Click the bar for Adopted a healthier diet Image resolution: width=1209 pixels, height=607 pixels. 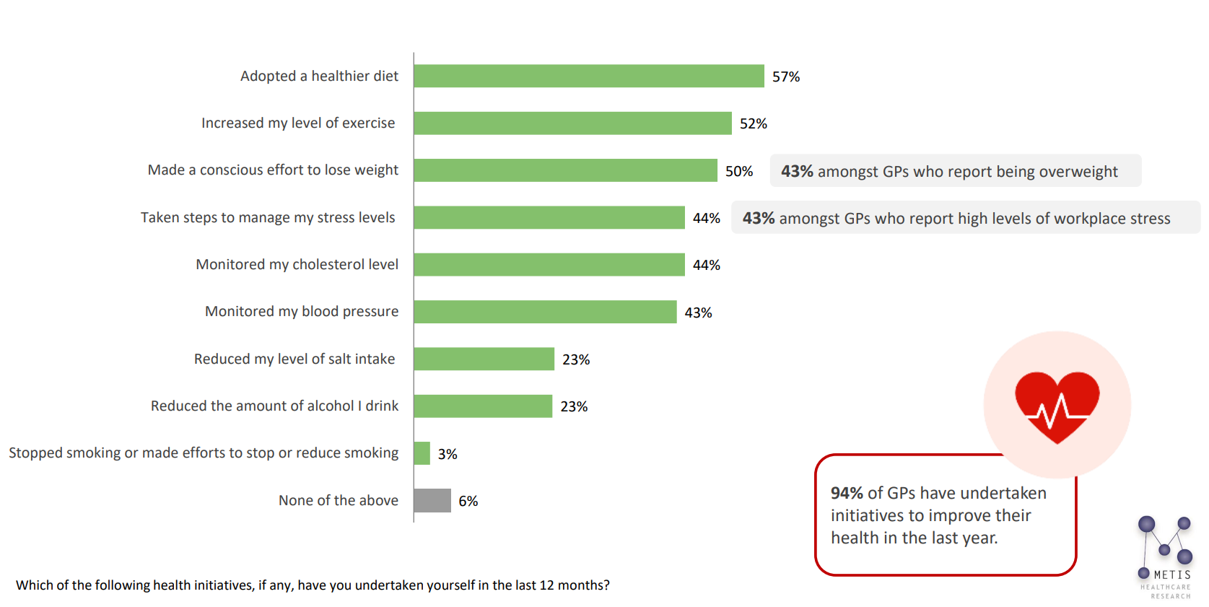pyautogui.click(x=588, y=76)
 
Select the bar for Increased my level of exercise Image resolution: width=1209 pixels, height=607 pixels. pyautogui.click(x=572, y=123)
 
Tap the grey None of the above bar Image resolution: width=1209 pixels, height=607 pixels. pyautogui.click(x=432, y=500)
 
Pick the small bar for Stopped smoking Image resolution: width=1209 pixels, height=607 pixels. pyautogui.click(x=422, y=453)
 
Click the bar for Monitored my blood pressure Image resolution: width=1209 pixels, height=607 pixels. pyautogui.click(x=545, y=312)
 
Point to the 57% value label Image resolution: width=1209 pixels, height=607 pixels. pyautogui.click(x=786, y=77)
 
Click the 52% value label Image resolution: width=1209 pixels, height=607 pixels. pyautogui.click(x=753, y=123)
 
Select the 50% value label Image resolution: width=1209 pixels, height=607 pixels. pyautogui.click(x=738, y=171)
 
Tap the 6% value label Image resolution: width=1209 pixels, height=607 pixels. pyautogui.click(x=468, y=501)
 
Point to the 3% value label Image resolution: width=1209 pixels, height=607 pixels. pyautogui.click(x=448, y=454)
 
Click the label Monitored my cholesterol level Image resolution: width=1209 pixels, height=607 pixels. pyautogui.click(x=297, y=264)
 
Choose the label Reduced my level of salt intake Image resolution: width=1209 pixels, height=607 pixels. pyautogui.click(x=294, y=359)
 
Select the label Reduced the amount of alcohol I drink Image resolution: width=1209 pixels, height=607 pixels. pyautogui.click(x=274, y=406)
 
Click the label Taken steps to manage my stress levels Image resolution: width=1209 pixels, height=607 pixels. pyautogui.click(x=268, y=217)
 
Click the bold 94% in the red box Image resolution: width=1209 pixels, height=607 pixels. pyautogui.click(x=847, y=493)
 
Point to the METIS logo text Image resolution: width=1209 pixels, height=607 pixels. pyautogui.click(x=1171, y=575)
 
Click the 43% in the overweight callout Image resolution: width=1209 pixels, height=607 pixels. pyautogui.click(x=797, y=171)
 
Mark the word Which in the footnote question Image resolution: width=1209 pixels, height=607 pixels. pyautogui.click(x=34, y=585)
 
